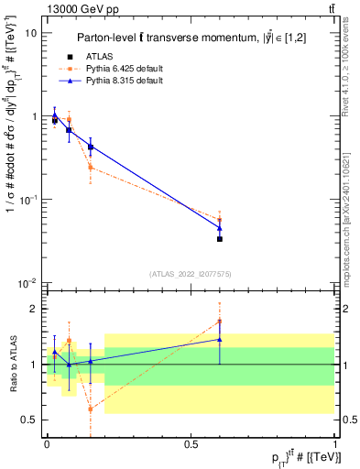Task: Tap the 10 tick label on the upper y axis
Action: pyautogui.click(x=31, y=33)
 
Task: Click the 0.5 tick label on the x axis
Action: pyautogui.click(x=191, y=444)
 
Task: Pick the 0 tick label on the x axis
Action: pyautogui.click(x=47, y=444)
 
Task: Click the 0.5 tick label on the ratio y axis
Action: pyautogui.click(x=30, y=420)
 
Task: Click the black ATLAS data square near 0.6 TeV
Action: pyautogui.click(x=220, y=238)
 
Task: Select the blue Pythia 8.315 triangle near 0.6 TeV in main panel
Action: pyautogui.click(x=220, y=227)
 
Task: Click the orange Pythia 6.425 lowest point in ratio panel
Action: pyautogui.click(x=91, y=409)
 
